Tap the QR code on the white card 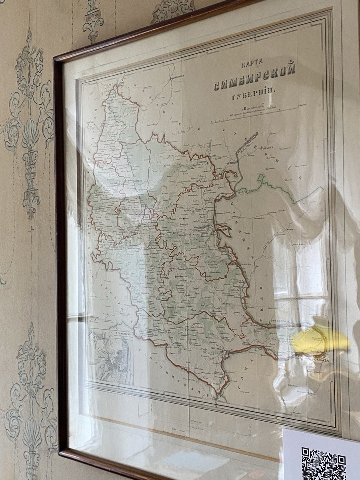(323, 464)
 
